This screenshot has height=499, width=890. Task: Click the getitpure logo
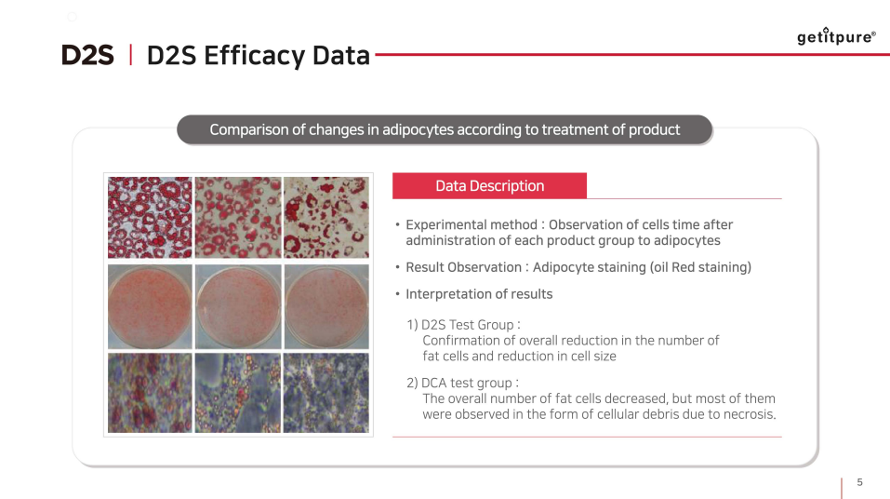(x=836, y=37)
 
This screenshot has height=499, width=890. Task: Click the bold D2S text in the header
(x=87, y=56)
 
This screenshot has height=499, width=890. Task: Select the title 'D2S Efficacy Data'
(x=258, y=56)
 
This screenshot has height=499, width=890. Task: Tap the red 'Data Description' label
(x=489, y=186)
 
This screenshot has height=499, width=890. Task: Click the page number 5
(x=859, y=482)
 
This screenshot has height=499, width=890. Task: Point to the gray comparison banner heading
(x=445, y=129)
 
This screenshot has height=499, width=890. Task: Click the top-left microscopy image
(x=149, y=218)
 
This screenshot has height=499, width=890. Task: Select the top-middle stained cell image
(x=237, y=218)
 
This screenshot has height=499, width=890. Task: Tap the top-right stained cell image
(x=325, y=218)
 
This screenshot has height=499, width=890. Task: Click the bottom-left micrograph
(x=149, y=393)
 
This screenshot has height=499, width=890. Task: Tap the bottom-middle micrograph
(x=237, y=393)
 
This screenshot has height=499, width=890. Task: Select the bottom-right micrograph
(x=325, y=393)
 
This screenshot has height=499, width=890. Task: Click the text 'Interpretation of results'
(x=479, y=294)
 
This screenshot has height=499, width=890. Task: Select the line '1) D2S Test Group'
(x=462, y=325)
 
